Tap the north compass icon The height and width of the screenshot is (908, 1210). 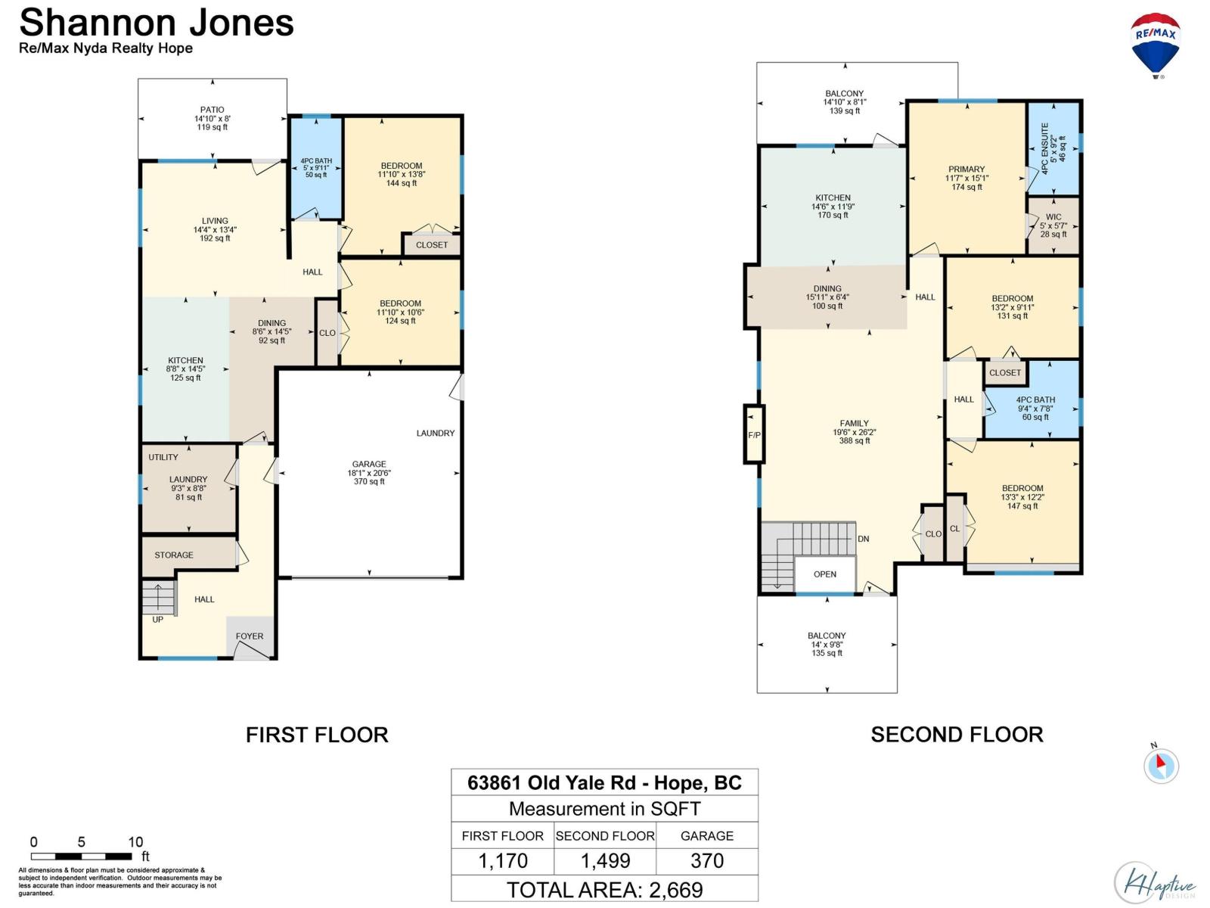coord(1160,765)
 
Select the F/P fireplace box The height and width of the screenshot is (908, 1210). coord(753,434)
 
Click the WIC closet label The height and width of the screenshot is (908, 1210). coord(1053,216)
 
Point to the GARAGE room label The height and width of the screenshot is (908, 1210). coord(369,464)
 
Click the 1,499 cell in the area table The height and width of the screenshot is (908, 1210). coord(605,860)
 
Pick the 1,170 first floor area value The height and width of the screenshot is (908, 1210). coord(502,860)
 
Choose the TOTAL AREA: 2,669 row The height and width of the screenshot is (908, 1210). coord(604,890)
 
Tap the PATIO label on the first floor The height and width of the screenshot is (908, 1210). coord(213,110)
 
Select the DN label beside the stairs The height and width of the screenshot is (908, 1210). coord(864,540)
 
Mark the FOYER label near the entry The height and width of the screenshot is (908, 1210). coord(249,636)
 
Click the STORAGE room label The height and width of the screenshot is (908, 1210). coord(174,555)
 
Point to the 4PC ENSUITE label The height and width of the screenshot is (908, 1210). coord(1044,149)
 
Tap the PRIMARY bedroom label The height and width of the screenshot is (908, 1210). coord(966,169)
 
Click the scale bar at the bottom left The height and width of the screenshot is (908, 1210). coord(81,857)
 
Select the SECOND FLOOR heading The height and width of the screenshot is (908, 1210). coord(957,735)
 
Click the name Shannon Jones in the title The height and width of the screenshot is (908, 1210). coord(157,23)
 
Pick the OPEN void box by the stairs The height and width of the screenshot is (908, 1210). coord(824,574)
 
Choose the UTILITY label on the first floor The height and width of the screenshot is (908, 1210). coord(163,457)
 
